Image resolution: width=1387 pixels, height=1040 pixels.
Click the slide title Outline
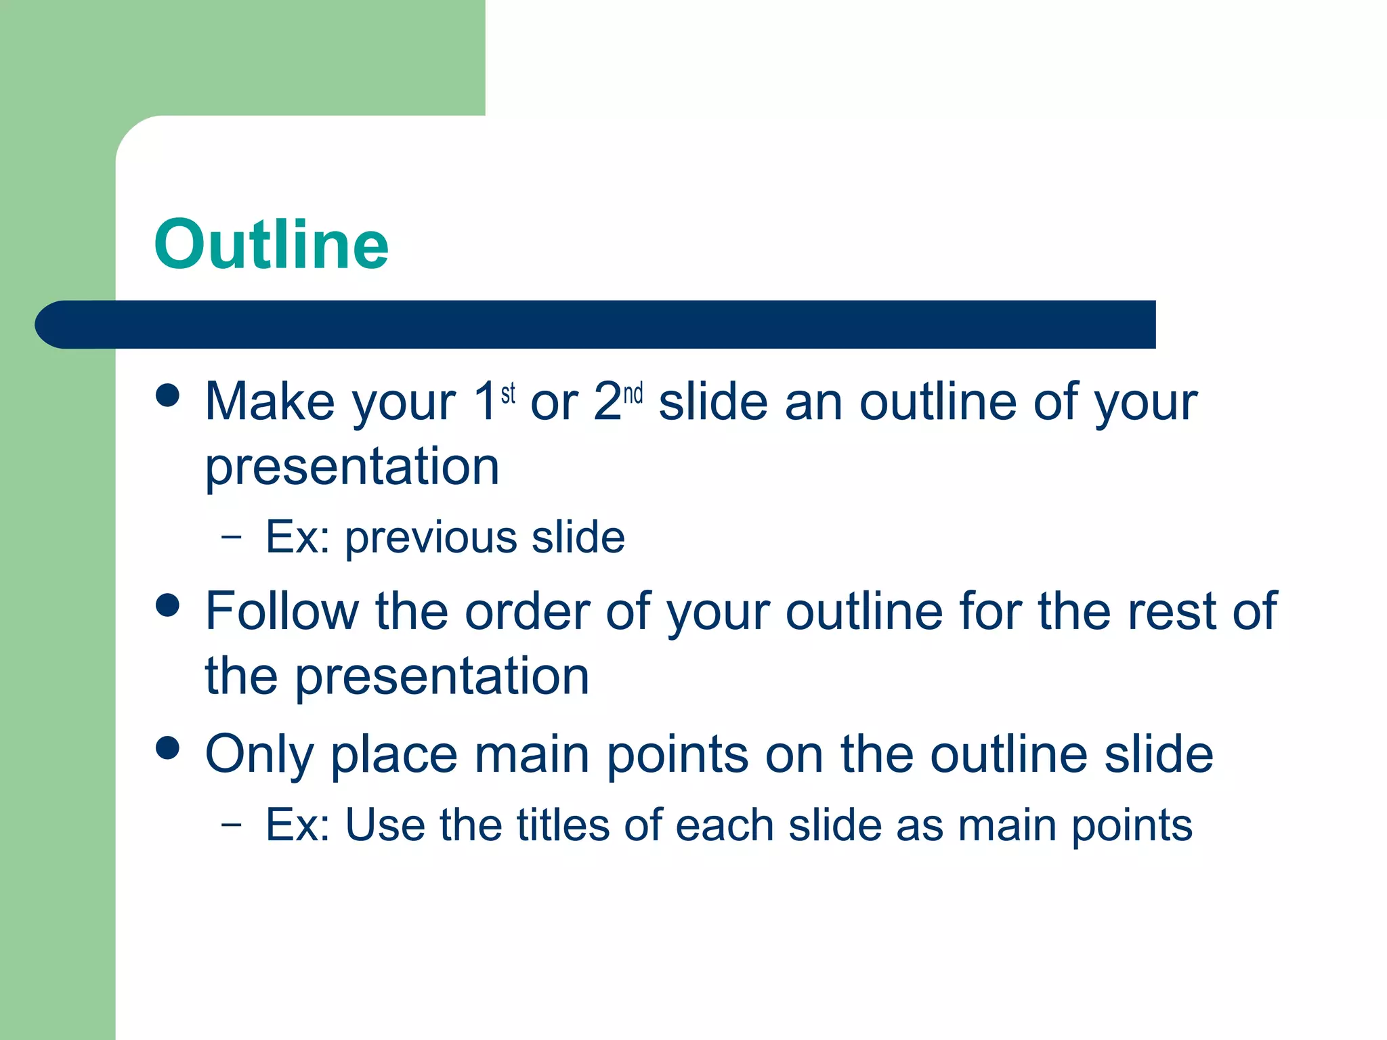coord(271,245)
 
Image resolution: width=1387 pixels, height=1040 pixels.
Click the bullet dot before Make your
coord(167,395)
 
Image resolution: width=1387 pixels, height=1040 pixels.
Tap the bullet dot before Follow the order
coord(167,605)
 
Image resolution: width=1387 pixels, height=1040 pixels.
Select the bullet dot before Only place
coord(167,747)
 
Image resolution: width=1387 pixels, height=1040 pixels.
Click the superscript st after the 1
coord(508,393)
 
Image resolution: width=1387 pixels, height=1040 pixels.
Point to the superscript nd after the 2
coord(633,393)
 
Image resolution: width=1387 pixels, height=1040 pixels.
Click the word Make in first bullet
coord(270,402)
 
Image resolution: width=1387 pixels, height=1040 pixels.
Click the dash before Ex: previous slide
coord(231,538)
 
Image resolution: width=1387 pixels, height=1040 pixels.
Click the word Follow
coord(282,611)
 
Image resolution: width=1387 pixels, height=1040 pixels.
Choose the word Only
coord(259,755)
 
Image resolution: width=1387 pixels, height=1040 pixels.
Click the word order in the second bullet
coord(527,611)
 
